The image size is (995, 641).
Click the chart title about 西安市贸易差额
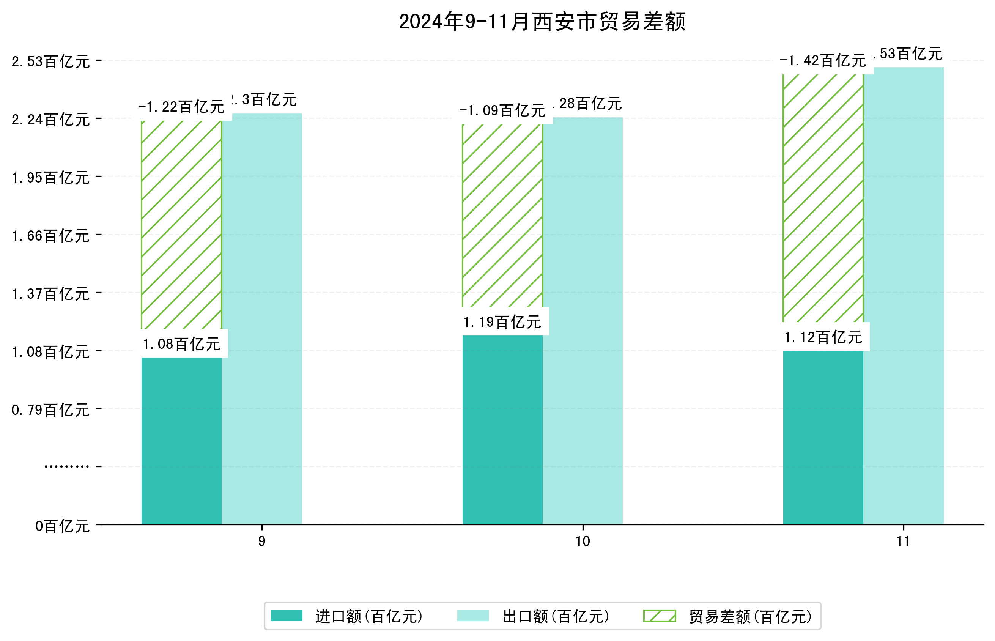(542, 22)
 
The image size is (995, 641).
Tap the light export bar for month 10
(583, 320)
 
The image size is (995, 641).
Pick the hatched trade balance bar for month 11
(823, 198)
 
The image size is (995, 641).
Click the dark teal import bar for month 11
(823, 437)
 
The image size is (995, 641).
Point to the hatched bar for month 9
(181, 225)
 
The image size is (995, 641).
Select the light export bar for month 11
(903, 296)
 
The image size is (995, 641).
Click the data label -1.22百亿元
(181, 107)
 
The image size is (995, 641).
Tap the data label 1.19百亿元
(502, 322)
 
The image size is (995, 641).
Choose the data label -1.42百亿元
(823, 61)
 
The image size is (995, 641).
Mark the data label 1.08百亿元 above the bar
(181, 344)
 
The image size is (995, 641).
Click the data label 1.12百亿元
(823, 337)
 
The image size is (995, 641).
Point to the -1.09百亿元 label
(502, 111)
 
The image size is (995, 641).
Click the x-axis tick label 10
(583, 542)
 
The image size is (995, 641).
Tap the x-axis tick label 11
(903, 542)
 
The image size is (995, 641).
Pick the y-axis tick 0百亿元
(62, 526)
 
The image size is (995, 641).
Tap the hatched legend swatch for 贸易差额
(660, 616)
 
